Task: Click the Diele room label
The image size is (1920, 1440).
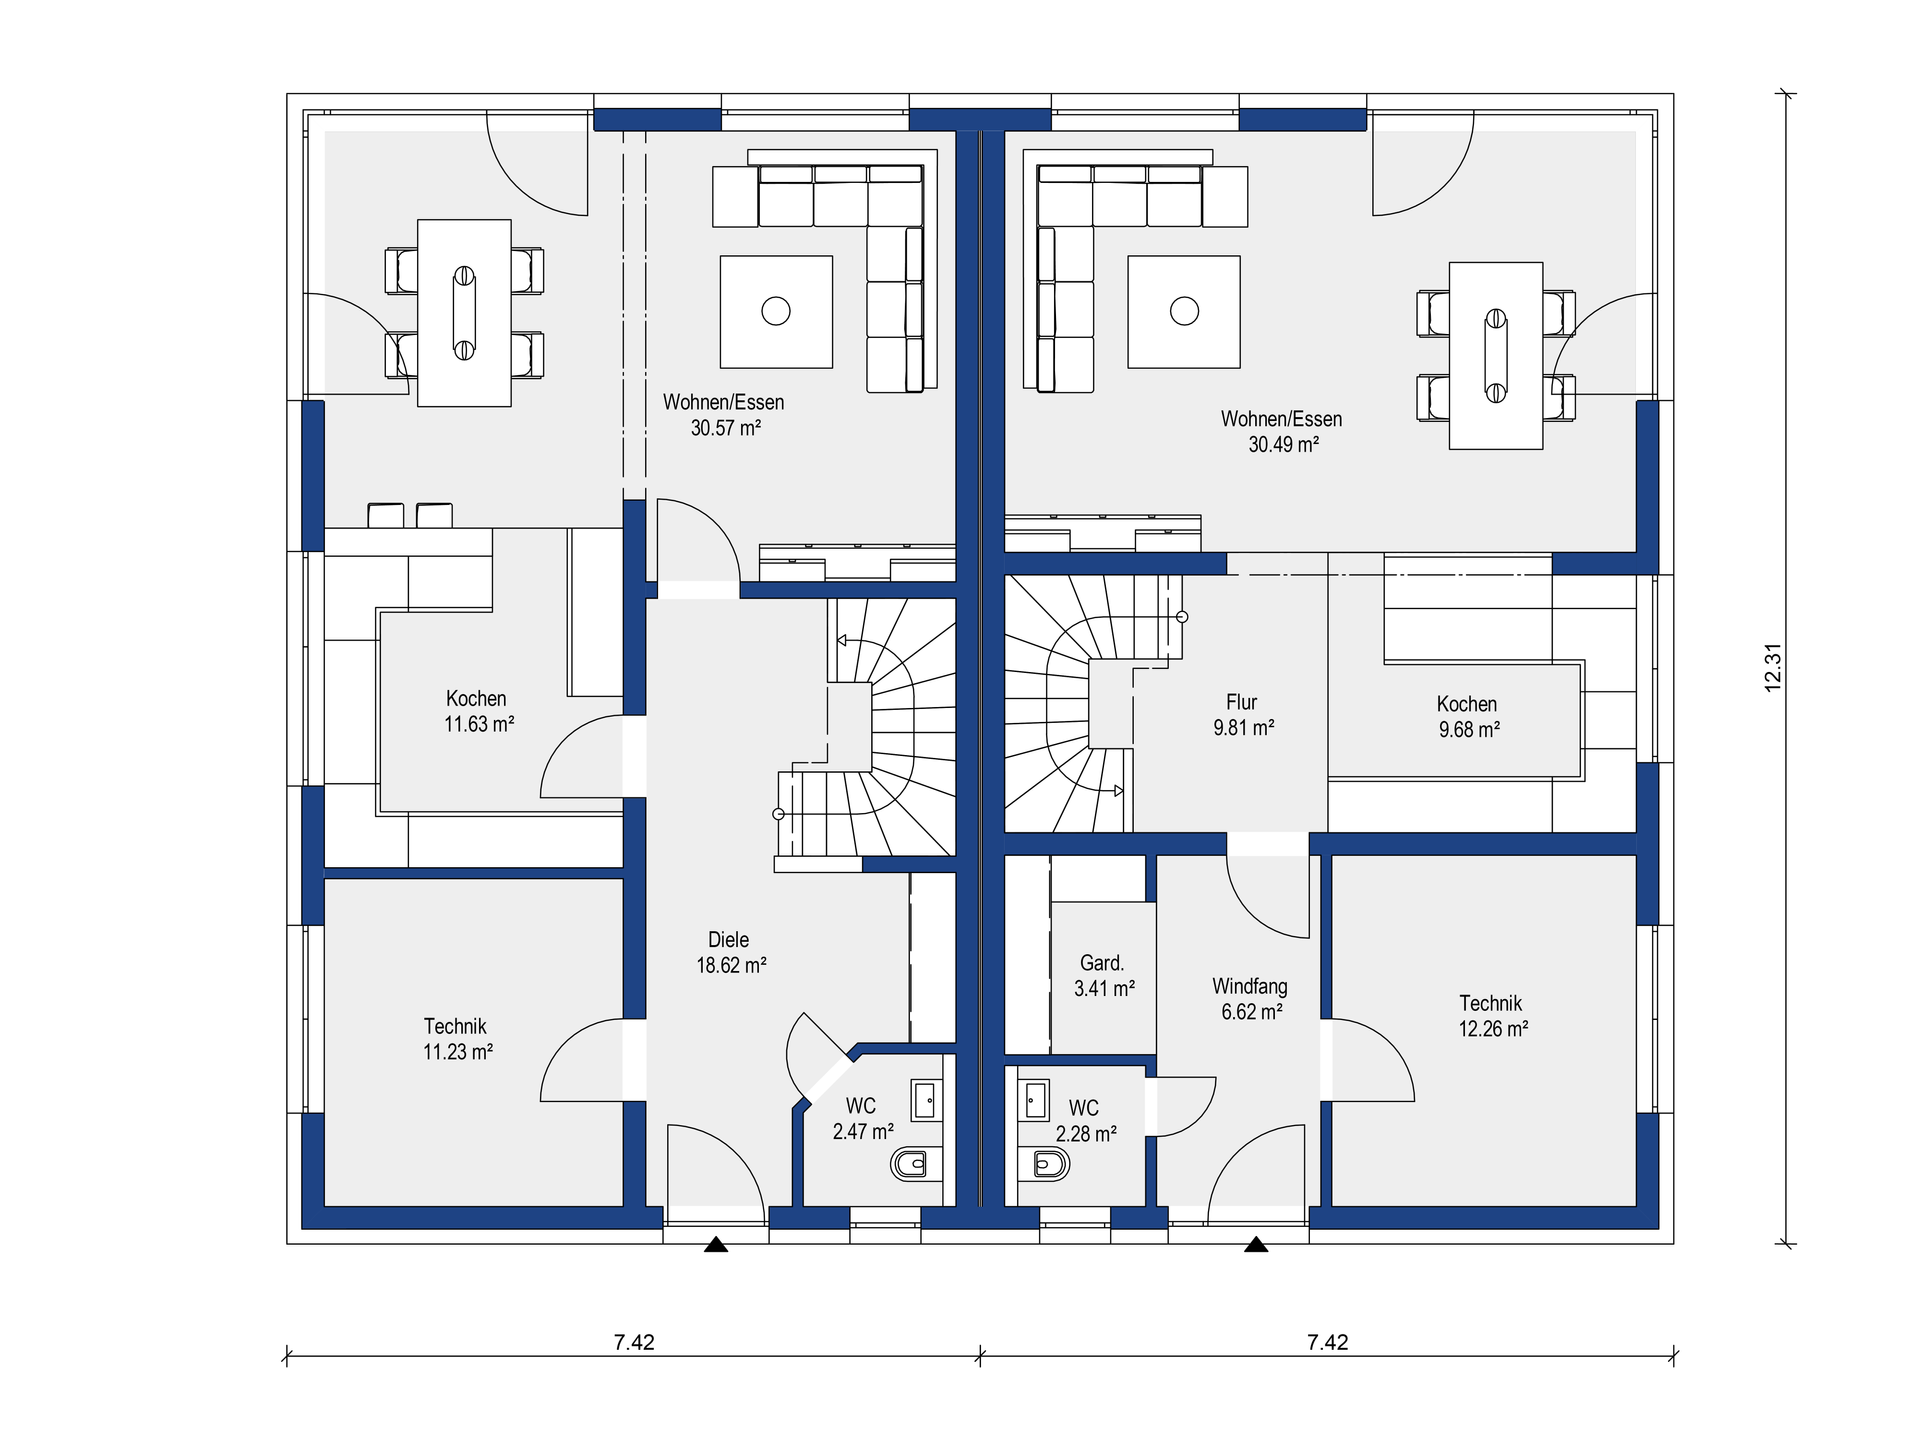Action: click(728, 940)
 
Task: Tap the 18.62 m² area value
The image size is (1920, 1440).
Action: click(731, 965)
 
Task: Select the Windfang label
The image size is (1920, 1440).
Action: click(1250, 987)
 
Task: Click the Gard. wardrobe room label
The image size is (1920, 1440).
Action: click(1102, 963)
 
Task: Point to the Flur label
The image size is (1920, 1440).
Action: click(1242, 702)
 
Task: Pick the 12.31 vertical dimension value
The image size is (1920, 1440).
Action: click(1773, 667)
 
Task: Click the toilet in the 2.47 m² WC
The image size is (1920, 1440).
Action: click(909, 1163)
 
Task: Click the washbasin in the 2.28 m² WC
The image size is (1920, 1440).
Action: click(1034, 1100)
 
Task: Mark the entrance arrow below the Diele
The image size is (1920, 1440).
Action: click(716, 1245)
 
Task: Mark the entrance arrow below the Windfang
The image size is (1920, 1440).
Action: click(1256, 1245)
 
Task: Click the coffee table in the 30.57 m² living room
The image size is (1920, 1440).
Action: click(776, 312)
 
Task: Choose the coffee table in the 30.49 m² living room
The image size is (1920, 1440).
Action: click(1184, 312)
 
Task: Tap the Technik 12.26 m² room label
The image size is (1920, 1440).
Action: click(1492, 1016)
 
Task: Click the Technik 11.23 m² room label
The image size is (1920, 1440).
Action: click(457, 1039)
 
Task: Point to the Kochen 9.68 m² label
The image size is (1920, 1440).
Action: click(1468, 717)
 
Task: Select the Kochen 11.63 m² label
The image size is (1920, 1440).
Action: click(478, 711)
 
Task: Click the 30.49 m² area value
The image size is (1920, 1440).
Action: click(1283, 444)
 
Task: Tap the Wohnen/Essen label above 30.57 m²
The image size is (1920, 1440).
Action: click(723, 402)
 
